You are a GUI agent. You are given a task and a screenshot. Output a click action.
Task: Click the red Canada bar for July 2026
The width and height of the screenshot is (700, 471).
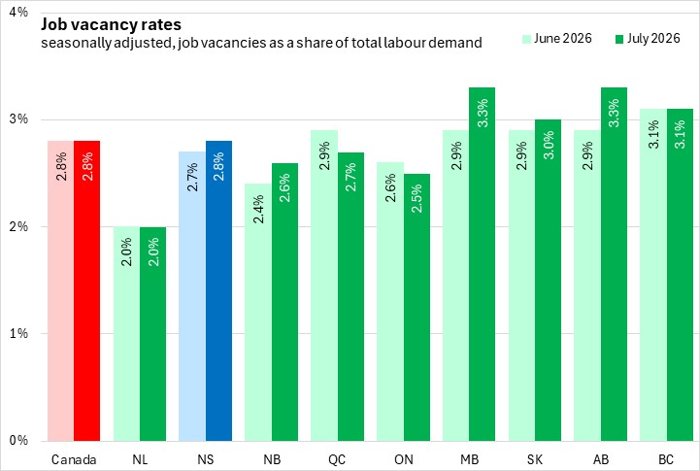coord(87,291)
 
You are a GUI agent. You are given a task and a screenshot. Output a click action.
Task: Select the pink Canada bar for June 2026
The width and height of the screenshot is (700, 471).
coord(61,291)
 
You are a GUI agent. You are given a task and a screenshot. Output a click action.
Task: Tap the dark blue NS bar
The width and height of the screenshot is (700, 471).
coord(218,291)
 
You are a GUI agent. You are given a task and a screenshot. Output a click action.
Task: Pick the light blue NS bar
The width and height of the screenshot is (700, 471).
coord(192,296)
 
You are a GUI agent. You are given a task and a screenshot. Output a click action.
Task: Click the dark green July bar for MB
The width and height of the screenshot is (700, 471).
coord(483,264)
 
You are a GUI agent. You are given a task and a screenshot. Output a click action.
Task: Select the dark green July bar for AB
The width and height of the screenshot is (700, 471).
coord(614,264)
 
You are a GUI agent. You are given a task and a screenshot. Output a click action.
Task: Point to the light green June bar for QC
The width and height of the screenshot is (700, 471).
coord(324,286)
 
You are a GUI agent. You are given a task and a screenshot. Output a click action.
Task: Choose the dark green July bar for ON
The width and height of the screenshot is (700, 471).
coord(417,308)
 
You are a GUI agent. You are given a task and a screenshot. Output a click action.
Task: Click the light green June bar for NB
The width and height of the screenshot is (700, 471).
coord(258,313)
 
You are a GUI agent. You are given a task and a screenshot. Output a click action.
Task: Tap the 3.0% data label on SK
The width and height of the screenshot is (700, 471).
coord(549,145)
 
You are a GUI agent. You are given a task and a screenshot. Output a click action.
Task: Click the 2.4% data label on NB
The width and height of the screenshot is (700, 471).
coord(258,209)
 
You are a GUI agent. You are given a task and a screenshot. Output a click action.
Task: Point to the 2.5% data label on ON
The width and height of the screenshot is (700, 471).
coord(417,199)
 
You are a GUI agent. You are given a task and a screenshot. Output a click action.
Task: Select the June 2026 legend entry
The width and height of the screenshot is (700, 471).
coord(557,39)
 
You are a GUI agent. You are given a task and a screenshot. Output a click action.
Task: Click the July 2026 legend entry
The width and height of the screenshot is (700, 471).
coord(648,39)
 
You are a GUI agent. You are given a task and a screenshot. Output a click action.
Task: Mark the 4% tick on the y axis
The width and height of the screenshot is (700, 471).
coord(18,12)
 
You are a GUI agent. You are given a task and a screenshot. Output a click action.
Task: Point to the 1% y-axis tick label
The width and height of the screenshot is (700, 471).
coord(18,333)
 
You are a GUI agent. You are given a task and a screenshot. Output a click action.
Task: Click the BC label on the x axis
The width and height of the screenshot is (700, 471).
coord(666,459)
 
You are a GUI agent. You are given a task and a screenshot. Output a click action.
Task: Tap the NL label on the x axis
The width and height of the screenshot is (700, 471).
coord(140,459)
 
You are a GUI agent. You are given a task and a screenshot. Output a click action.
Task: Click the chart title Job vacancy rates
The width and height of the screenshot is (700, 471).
coord(111,24)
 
